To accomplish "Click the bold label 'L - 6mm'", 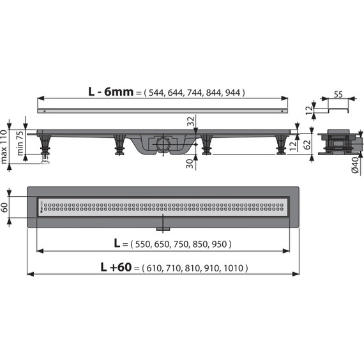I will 110,91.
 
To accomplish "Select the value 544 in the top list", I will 156,93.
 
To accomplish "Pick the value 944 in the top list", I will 234,93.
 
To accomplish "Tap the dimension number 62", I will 307,144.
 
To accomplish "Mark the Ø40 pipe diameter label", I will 354,167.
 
